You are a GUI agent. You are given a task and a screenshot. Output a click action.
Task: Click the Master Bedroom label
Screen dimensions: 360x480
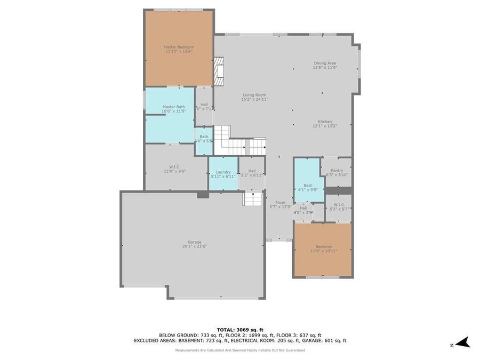[179, 47]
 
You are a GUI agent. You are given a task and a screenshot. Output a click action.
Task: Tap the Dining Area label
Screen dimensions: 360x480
[324, 63]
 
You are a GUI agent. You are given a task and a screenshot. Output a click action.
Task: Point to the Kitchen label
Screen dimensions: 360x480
[325, 122]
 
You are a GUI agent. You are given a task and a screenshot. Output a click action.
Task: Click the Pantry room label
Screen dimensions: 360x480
[337, 170]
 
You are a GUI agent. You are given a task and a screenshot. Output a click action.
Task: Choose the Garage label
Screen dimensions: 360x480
[194, 242]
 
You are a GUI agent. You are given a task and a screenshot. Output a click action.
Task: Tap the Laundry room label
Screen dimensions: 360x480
[223, 172]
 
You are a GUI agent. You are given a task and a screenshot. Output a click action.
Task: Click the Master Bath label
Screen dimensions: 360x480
[174, 107]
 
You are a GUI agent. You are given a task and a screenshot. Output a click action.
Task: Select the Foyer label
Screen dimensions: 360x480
[281, 203]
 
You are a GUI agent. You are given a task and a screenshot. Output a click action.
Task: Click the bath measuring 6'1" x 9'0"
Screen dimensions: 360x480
[308, 187]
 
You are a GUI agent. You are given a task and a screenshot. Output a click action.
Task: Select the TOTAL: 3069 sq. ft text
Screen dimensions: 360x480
[239, 330]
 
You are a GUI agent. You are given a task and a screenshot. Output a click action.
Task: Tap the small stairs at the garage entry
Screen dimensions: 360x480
[251, 198]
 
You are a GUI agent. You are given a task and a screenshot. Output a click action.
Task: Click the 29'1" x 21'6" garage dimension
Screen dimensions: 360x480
[194, 246]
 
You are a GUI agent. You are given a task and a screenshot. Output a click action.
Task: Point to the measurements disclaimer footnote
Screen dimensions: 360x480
[240, 350]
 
